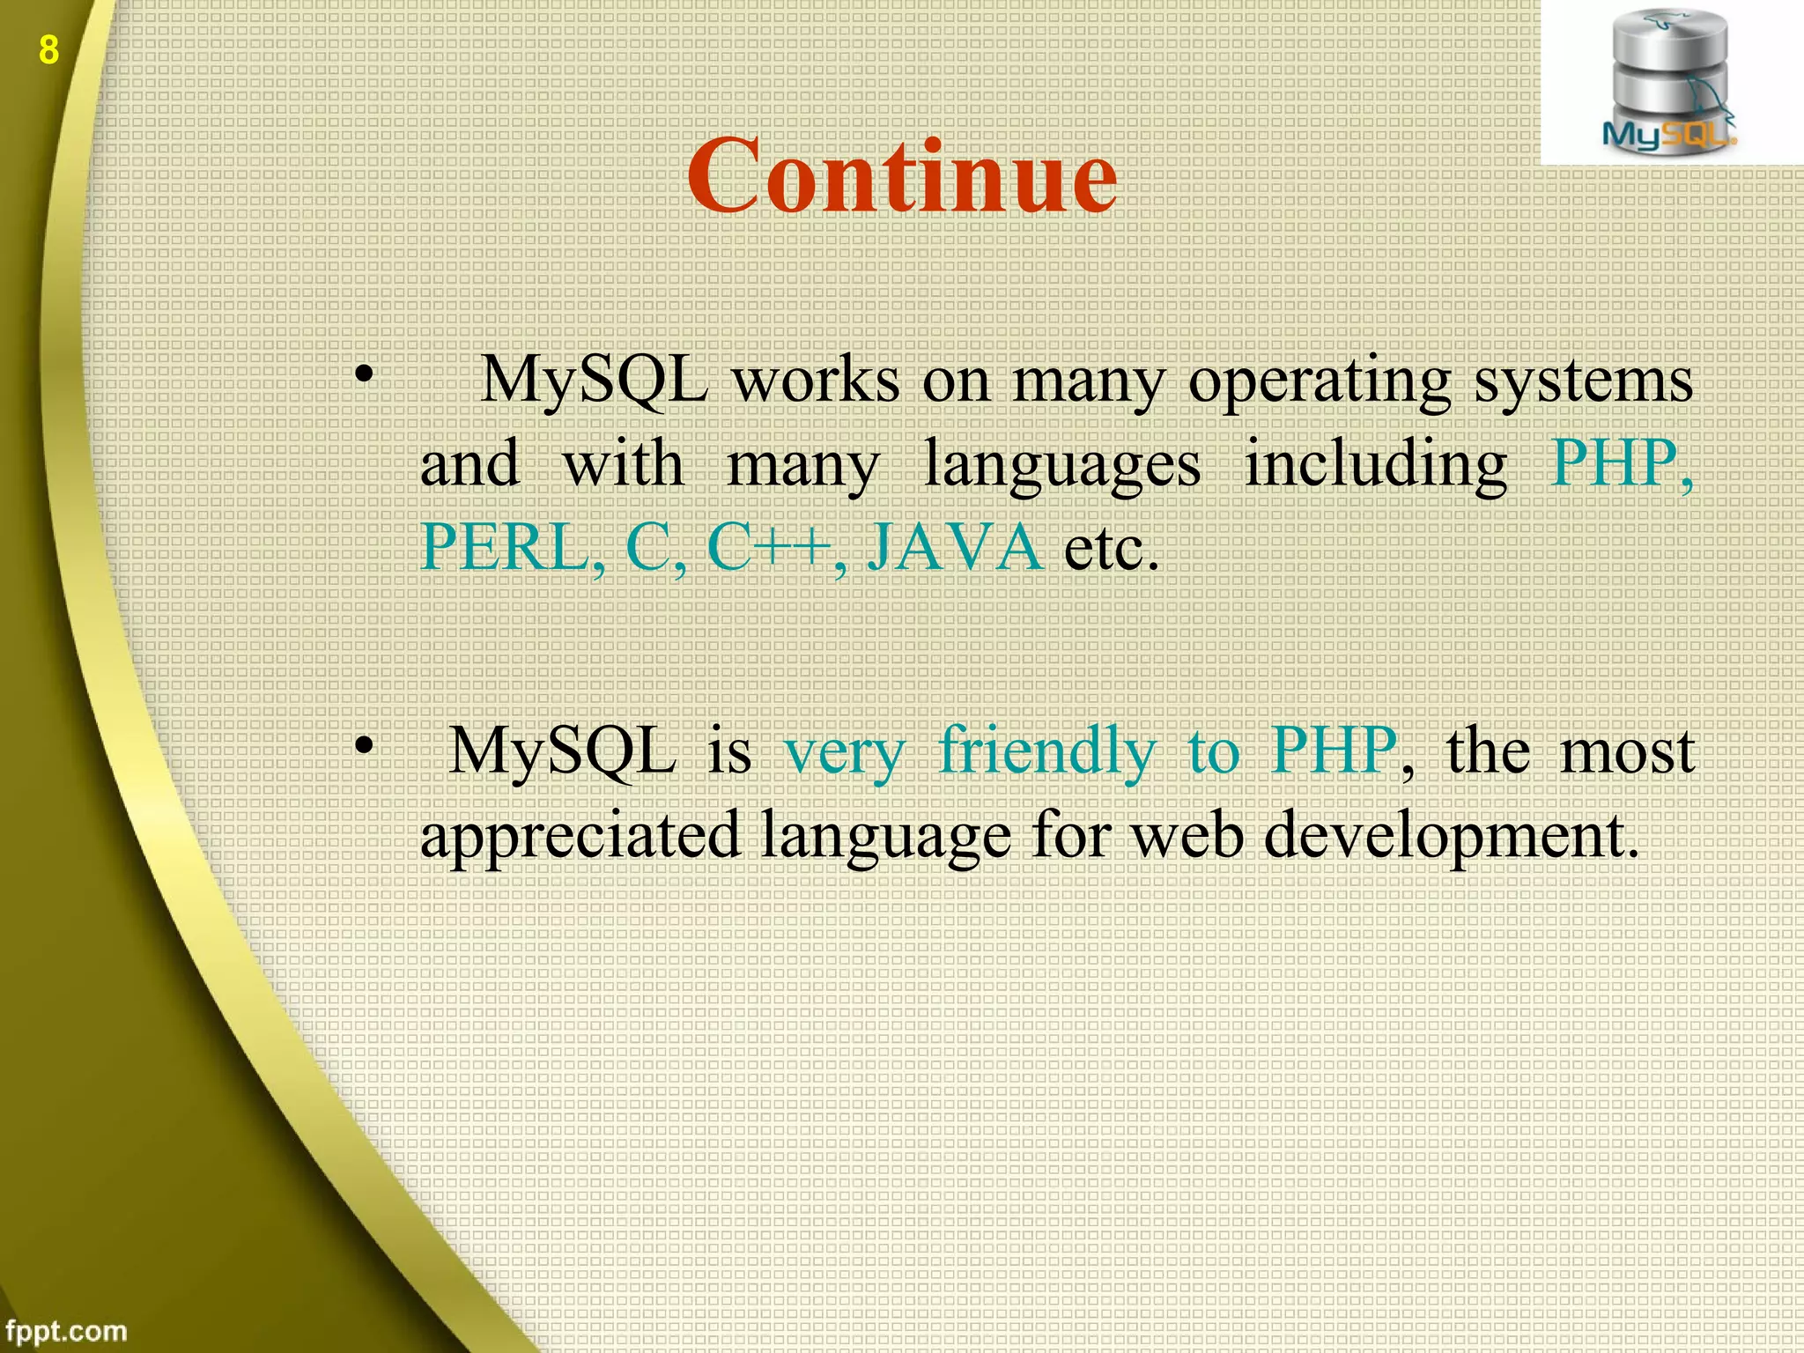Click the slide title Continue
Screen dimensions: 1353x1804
tap(901, 176)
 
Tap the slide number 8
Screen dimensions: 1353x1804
tap(48, 50)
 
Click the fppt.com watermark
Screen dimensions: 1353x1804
tap(65, 1330)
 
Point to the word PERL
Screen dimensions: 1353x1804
tap(511, 547)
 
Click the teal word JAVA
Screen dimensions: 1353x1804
tap(955, 547)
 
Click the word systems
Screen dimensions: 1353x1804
tap(1583, 382)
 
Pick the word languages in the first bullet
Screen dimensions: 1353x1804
tap(1061, 465)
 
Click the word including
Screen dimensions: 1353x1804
tap(1375, 465)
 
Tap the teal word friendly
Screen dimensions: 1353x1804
tap(1046, 752)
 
